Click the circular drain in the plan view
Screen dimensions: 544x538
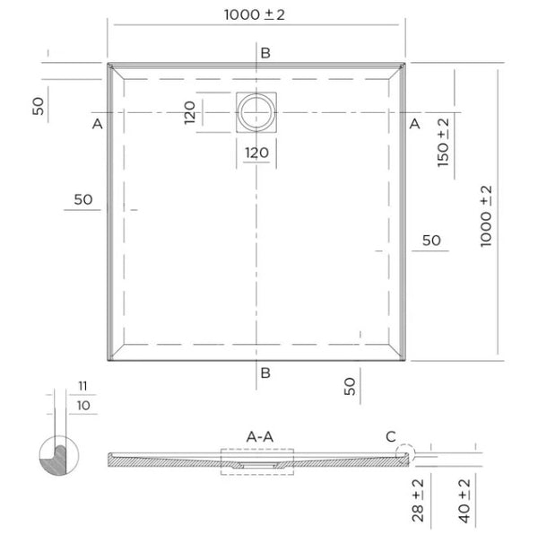point(259,111)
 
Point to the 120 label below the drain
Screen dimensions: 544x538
point(257,153)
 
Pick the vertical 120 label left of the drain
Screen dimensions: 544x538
point(190,112)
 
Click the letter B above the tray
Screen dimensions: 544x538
point(265,53)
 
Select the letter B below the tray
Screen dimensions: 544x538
point(265,373)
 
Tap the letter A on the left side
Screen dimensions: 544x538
point(97,124)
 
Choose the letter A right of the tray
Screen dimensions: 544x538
point(414,124)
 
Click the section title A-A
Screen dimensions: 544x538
point(260,436)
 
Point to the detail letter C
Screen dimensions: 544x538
point(390,437)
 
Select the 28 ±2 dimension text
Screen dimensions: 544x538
point(418,498)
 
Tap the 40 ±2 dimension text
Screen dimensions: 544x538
point(465,498)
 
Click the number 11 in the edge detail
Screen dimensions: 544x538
point(82,386)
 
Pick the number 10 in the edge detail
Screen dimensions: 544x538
point(82,406)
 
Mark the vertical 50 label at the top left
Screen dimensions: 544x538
point(38,105)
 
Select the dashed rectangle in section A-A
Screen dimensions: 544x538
point(258,459)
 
